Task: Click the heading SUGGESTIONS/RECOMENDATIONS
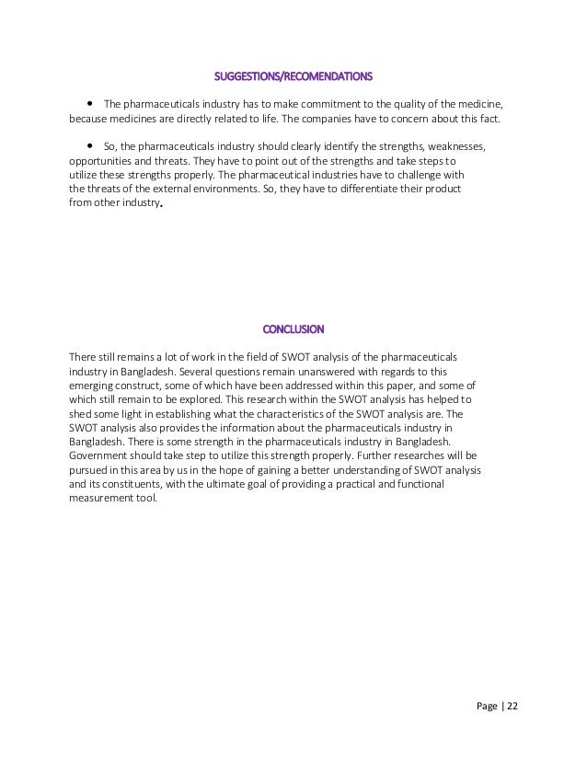[x=293, y=76]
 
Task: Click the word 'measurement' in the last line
[x=104, y=499]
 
